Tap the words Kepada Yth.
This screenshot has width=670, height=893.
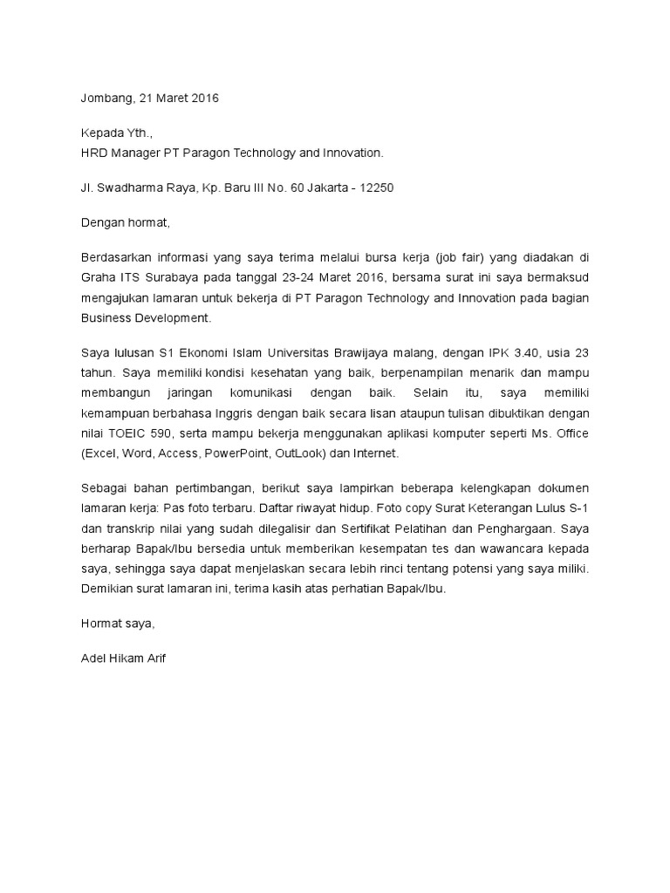(115, 135)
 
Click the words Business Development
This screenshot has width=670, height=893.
(145, 318)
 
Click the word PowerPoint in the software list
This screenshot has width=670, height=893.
(237, 453)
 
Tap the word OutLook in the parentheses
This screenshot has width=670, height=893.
(301, 453)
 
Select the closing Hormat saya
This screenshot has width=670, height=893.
(117, 624)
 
